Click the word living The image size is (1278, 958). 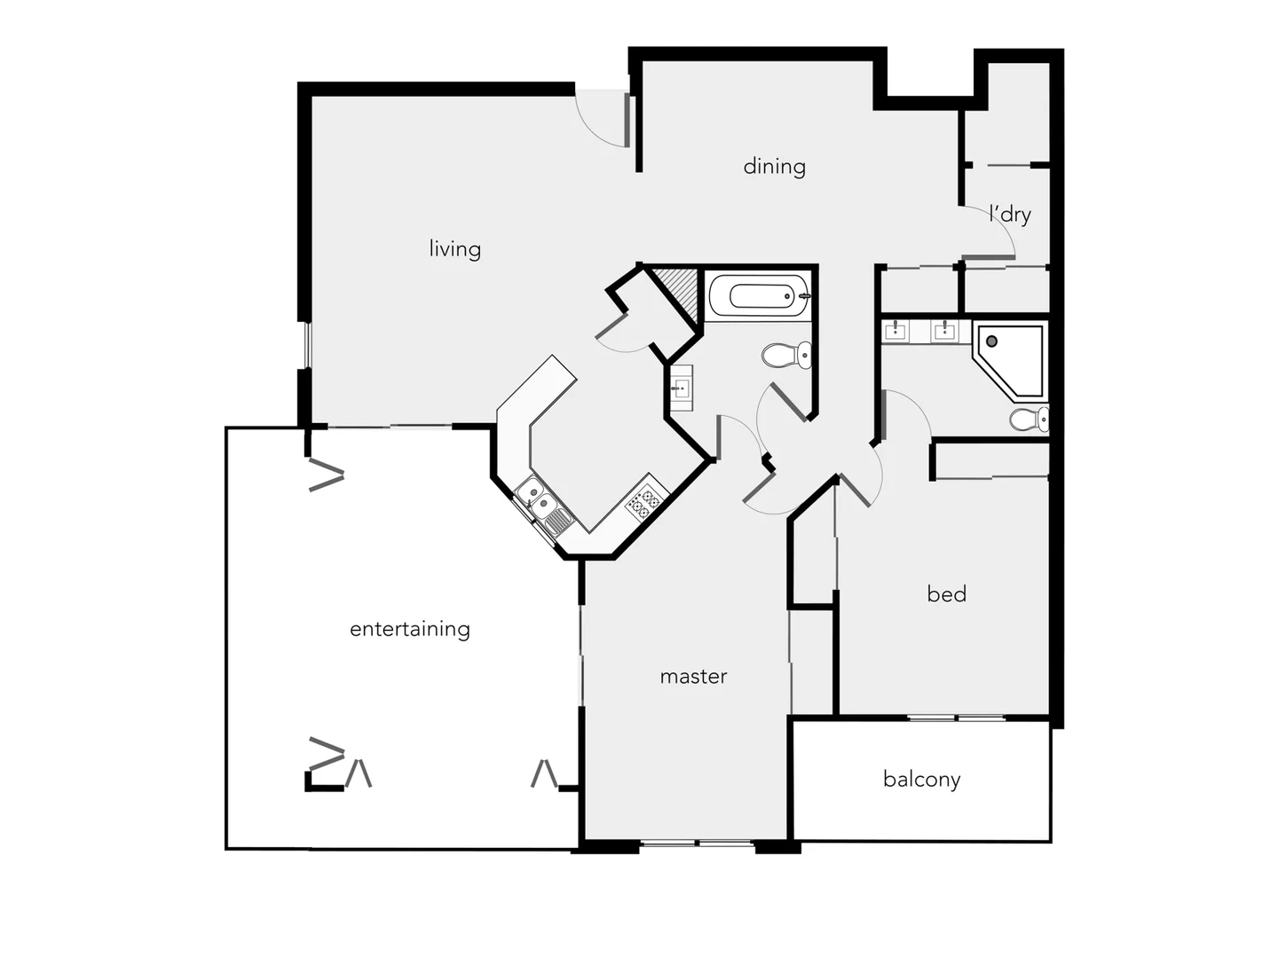pos(454,249)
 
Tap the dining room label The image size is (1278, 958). pos(774,167)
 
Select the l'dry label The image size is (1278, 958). pos(1010,215)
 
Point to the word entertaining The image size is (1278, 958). pos(409,629)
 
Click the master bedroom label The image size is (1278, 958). pos(693,677)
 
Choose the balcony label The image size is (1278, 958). pos(921,780)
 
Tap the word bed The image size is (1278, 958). pos(946,594)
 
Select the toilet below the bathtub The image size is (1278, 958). pos(785,356)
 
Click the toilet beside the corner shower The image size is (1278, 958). pos(1029,419)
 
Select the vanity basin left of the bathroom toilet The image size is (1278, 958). pos(681,388)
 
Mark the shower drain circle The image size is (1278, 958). pos(991,341)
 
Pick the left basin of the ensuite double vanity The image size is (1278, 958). pos(895,332)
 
